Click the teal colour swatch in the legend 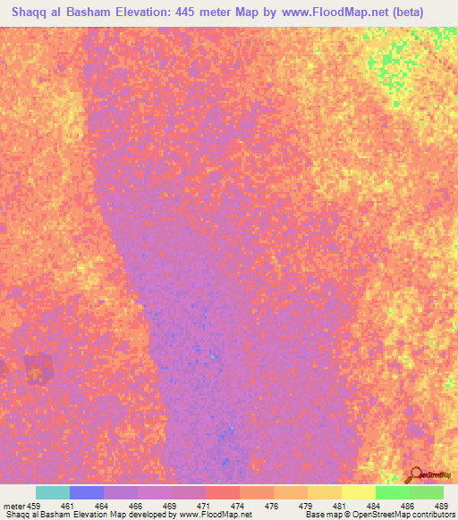[53, 492]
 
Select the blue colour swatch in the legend [87, 492]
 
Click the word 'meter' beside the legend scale [14, 505]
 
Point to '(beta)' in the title [425, 13]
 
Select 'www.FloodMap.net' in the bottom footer [215, 515]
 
